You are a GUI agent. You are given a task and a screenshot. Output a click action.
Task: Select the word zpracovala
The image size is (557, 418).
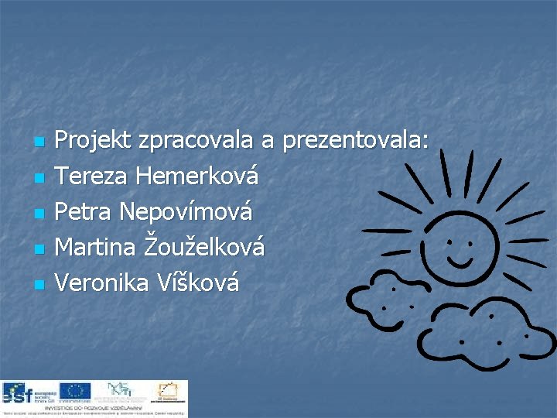pos(196,140)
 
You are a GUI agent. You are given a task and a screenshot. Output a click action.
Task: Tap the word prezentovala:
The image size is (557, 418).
pos(356,140)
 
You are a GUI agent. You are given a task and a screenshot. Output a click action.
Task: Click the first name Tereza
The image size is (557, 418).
pos(93,176)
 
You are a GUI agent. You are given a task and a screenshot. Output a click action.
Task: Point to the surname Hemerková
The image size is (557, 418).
pos(197,176)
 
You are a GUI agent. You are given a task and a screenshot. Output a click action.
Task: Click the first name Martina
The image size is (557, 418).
pos(97,248)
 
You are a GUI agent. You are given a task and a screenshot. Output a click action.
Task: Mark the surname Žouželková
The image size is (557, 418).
pos(205,248)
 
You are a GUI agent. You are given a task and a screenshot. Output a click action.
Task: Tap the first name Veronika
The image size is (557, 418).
pos(103,283)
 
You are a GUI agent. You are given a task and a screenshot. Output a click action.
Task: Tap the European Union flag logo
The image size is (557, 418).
pos(76,391)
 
